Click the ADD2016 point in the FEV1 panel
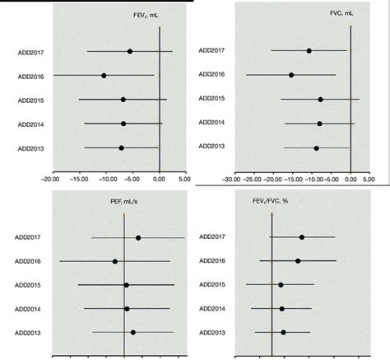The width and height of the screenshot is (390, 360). pyautogui.click(x=104, y=76)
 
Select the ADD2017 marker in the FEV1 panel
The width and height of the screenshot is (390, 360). pyautogui.click(x=130, y=52)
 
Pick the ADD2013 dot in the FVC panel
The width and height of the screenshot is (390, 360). pyautogui.click(x=316, y=148)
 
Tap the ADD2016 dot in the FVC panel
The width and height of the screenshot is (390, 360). pyautogui.click(x=291, y=75)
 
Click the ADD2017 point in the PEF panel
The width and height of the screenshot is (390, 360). pyautogui.click(x=138, y=238)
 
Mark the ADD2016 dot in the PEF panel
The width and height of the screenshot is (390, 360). pyautogui.click(x=115, y=261)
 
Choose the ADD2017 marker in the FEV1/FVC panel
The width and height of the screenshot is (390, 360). pyautogui.click(x=302, y=237)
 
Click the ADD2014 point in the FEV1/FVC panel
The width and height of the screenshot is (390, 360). pyautogui.click(x=282, y=309)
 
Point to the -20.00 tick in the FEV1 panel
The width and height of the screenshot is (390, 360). pyautogui.click(x=49, y=179)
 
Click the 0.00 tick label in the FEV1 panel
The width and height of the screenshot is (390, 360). pyautogui.click(x=159, y=179)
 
